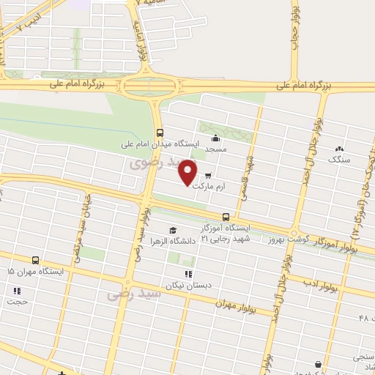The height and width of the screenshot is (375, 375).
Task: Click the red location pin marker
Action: point(188,171)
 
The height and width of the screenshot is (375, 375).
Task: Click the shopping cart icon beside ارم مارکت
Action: point(209,176)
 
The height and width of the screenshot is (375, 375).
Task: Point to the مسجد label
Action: point(214,149)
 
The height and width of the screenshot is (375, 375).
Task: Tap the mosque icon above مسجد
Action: point(215,138)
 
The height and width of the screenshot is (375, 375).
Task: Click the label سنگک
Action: point(340,158)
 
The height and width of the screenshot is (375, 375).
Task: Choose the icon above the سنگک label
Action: point(339,147)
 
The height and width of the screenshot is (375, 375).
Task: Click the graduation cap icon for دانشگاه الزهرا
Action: point(173,230)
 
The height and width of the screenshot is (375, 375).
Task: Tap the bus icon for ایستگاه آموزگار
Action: point(226,217)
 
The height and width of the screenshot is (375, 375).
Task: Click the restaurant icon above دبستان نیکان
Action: point(188,274)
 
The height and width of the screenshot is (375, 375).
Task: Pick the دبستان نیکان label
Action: point(187,285)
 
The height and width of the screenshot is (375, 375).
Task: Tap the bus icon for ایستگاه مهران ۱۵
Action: point(35,260)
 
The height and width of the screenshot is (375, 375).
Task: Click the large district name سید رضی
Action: point(126,293)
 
